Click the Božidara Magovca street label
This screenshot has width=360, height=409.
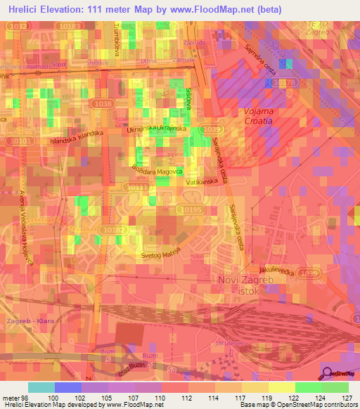(x=157, y=169)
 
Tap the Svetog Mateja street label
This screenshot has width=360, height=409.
(x=161, y=255)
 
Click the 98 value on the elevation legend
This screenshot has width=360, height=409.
(x=25, y=398)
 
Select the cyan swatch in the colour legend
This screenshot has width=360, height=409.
(x=41, y=387)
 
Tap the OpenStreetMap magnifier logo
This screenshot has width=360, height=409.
(x=328, y=373)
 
